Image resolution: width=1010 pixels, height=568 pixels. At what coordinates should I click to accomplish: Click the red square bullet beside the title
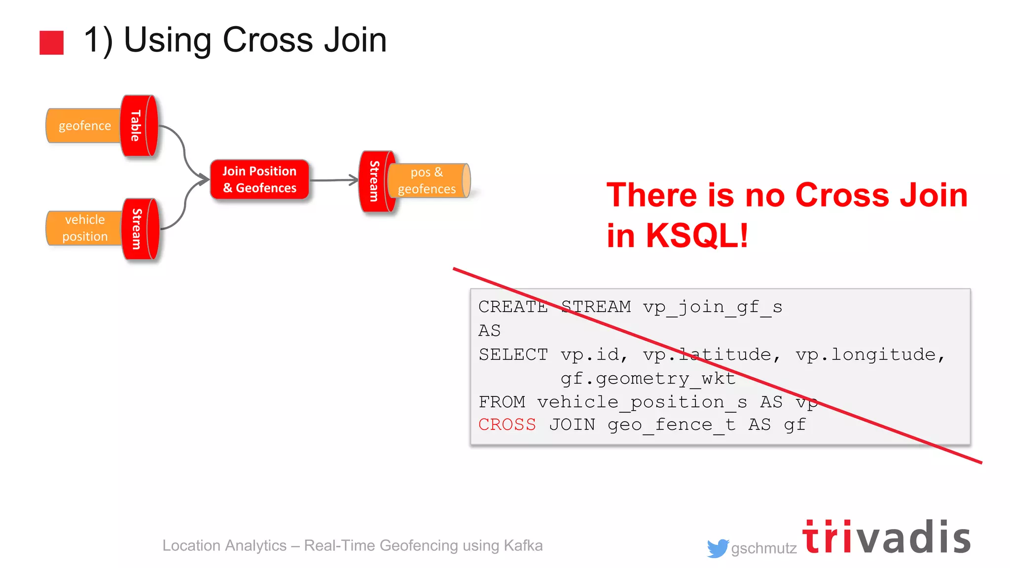(51, 42)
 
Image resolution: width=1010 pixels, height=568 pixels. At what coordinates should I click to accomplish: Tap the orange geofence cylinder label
(84, 126)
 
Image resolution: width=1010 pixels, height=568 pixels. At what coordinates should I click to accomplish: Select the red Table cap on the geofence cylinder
(138, 126)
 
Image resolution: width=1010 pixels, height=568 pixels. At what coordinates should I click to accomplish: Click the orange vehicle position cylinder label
(84, 228)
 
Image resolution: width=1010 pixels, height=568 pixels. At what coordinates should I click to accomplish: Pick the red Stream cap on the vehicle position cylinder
(140, 229)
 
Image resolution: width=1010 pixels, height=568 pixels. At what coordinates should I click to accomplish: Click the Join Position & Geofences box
(259, 179)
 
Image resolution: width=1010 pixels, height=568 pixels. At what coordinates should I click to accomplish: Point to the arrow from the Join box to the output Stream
(333, 180)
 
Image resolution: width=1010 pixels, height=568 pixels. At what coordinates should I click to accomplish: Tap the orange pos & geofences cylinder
(427, 181)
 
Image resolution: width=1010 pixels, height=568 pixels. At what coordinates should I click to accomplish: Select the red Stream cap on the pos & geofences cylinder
(376, 181)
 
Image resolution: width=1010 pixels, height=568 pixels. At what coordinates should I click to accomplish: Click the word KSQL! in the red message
(697, 236)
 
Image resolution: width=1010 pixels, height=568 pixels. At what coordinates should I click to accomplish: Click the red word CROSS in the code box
(507, 425)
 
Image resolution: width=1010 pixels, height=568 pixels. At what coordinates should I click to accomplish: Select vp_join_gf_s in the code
(712, 307)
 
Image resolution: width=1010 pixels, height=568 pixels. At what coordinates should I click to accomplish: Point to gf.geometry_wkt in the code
(648, 379)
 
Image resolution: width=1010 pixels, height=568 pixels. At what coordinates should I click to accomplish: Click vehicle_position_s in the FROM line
(642, 402)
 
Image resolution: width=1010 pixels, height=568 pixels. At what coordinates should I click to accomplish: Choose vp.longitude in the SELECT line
(866, 355)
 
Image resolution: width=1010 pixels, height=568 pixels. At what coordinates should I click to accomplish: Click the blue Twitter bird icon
(718, 548)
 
